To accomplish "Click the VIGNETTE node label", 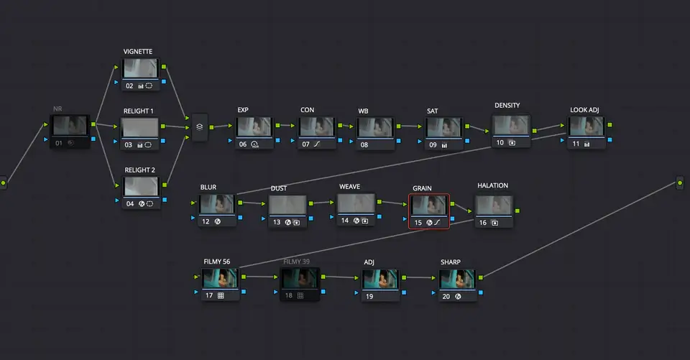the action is click(138, 52).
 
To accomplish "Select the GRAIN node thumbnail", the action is click(428, 206).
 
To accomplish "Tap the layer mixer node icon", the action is click(199, 126).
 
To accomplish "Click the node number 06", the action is click(243, 144).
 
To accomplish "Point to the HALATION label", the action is click(492, 185).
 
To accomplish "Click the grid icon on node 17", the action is click(221, 296).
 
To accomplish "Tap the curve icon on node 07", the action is click(317, 144).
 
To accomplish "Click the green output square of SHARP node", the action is click(481, 277).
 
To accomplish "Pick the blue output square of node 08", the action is click(398, 141).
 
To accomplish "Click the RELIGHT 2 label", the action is click(139, 170).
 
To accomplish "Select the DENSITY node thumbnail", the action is click(510, 126).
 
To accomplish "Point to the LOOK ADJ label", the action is click(584, 110).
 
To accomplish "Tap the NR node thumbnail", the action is click(70, 126).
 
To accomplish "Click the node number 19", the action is click(369, 297).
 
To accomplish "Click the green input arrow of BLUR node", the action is click(193, 203).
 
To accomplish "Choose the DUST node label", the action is click(279, 188).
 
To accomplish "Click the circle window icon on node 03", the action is click(148, 145).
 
